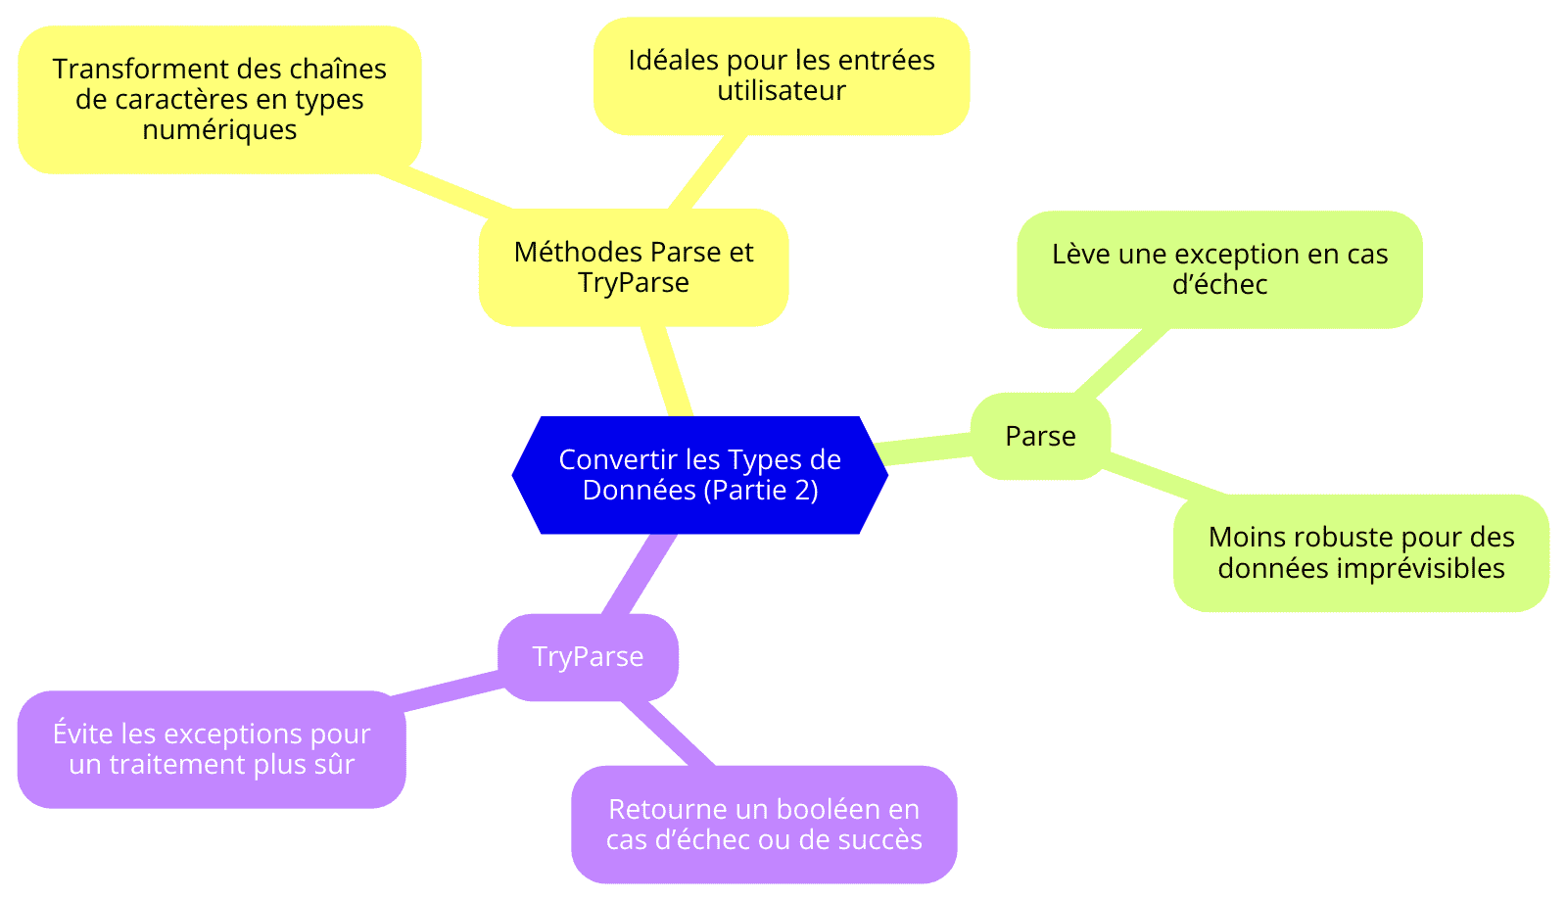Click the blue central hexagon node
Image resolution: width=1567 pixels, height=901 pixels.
point(699,475)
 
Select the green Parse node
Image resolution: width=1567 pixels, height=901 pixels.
point(1040,436)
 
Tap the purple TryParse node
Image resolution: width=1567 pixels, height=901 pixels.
point(588,657)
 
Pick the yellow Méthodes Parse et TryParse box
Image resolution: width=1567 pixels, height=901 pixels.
point(633,267)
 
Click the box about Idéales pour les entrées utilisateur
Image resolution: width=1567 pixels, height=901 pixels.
point(782,75)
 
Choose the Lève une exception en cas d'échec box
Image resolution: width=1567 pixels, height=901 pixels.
point(1219,269)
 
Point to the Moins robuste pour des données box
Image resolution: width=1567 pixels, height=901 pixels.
point(1360,552)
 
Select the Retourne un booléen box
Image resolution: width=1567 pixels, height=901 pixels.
point(764,824)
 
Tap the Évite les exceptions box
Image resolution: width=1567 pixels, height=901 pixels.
point(212,749)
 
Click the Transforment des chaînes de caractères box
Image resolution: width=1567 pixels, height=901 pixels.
point(219,99)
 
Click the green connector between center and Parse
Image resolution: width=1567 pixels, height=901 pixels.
point(925,449)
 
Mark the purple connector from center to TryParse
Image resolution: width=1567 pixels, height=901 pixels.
point(639,574)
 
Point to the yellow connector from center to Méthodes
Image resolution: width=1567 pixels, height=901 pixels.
point(667,371)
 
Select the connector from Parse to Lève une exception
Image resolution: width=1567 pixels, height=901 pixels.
point(1121,361)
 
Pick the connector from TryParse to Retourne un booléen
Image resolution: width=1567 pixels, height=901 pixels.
point(667,734)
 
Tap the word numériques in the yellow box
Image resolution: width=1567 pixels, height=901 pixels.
point(219,130)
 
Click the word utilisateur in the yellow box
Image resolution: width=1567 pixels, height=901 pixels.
point(782,90)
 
